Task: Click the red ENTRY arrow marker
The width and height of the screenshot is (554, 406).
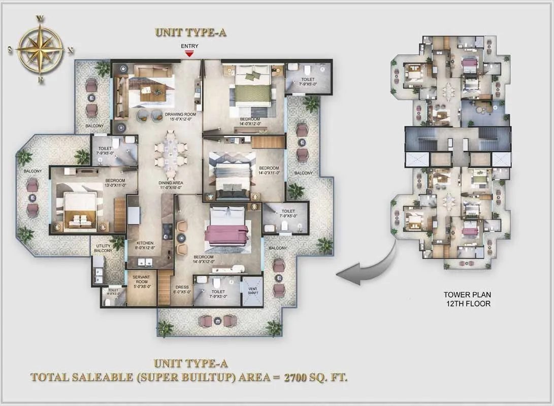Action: [x=190, y=53]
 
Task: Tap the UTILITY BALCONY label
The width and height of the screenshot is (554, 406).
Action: [x=104, y=248]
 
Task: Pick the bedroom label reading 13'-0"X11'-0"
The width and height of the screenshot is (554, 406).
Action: [x=115, y=183]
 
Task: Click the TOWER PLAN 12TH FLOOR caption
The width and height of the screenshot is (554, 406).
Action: [x=467, y=299]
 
